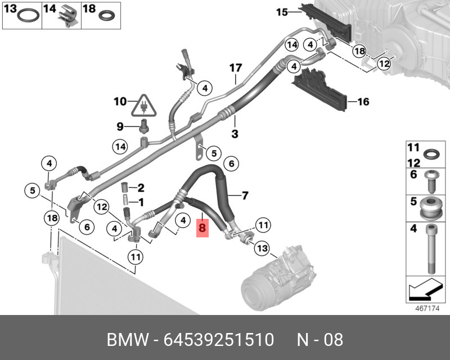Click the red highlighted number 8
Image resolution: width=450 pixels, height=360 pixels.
pos(202,229)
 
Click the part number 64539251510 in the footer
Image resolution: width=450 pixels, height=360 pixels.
pos(219,340)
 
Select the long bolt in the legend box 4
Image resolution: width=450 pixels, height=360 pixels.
pos(430,247)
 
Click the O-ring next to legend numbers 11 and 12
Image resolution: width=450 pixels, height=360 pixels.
pos(430,154)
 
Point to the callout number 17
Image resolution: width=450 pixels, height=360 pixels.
pos(235,68)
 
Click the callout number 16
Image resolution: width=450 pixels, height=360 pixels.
pos(363,102)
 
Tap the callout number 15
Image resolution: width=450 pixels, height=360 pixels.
pos(281,11)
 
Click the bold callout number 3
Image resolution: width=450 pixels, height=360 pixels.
pos(235,134)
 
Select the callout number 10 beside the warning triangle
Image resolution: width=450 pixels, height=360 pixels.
pos(120,102)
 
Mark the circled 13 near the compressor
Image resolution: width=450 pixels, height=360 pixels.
pos(262,248)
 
